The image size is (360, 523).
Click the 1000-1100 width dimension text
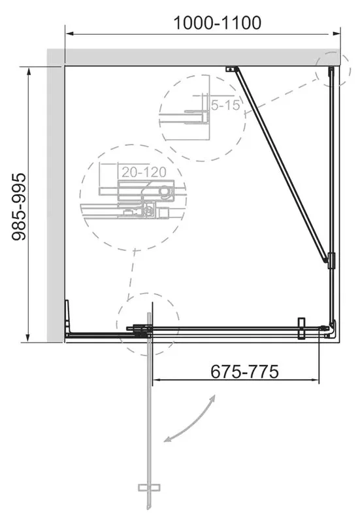point(218,23)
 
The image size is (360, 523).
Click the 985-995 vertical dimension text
point(19,207)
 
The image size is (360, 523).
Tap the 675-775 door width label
point(244,371)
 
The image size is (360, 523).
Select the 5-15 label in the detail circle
point(225,105)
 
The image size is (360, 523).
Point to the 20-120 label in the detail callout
point(144,172)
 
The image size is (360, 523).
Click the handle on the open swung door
point(149,488)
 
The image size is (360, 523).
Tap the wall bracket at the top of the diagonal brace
point(231,69)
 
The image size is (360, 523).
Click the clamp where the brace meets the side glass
point(331,260)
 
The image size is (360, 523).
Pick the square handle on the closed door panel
point(302,328)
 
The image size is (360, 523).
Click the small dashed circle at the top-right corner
point(333,69)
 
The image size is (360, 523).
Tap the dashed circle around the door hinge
point(148,324)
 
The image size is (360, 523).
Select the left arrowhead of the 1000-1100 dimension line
point(69,34)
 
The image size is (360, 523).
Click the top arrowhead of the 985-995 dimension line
point(29,72)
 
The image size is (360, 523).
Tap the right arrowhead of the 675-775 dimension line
point(315,379)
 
